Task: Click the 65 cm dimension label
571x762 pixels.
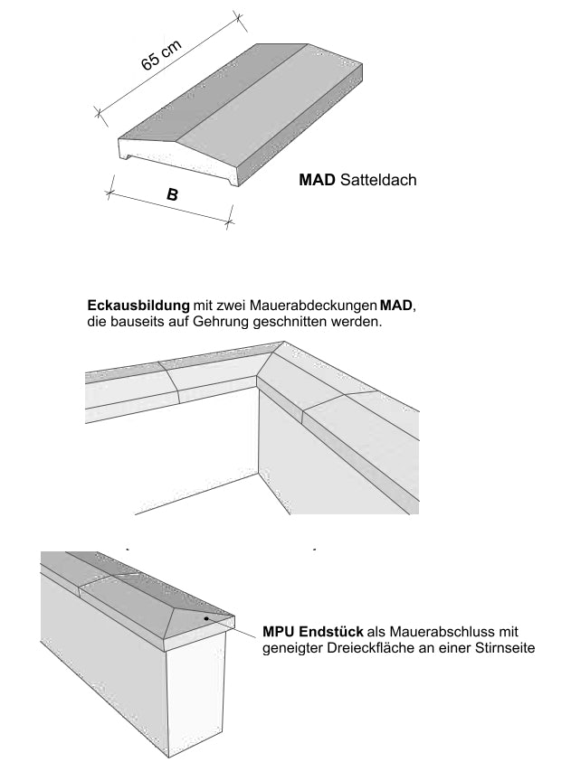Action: tap(161, 56)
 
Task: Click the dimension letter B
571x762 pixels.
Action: tap(172, 194)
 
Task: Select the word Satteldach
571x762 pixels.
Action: tap(378, 181)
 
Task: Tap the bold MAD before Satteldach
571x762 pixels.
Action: tap(318, 181)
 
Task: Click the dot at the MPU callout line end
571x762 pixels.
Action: tap(207, 618)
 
